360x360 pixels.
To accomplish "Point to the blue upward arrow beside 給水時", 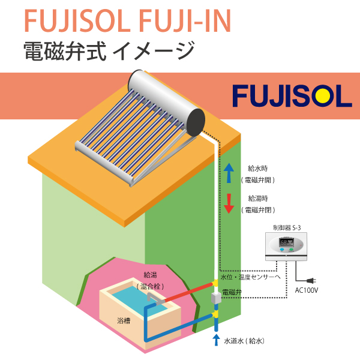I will tap(229, 173).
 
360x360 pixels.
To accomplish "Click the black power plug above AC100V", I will tap(310, 280).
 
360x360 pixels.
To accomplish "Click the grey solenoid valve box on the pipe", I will tap(217, 299).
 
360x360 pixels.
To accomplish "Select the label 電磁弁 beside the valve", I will tap(232, 292).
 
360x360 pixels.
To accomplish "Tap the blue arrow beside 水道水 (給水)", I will tap(217, 340).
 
